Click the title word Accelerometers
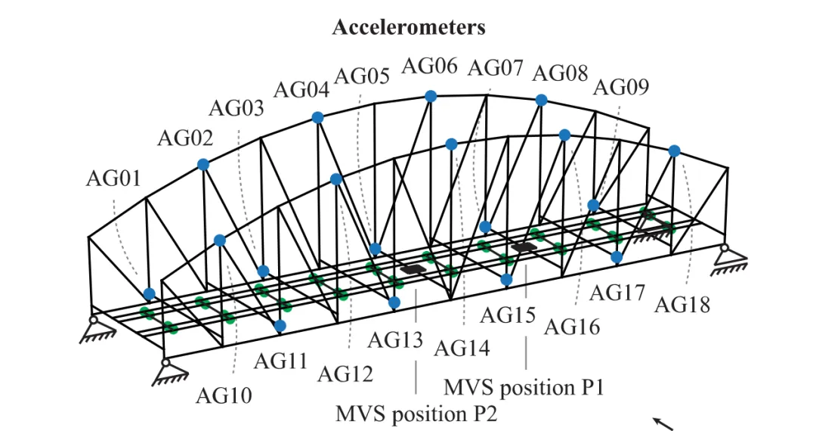409,27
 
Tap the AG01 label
113,178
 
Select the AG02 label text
185,138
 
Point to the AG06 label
429,66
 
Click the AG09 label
621,87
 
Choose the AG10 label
224,395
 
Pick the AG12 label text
345,374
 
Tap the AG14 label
462,348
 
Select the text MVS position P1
524,388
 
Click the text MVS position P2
416,414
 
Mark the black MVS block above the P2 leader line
413,269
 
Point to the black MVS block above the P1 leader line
524,247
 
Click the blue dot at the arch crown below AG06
431,96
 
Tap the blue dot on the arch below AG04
317,118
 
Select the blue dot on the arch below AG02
203,165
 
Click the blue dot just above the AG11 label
280,326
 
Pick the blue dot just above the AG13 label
394,302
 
